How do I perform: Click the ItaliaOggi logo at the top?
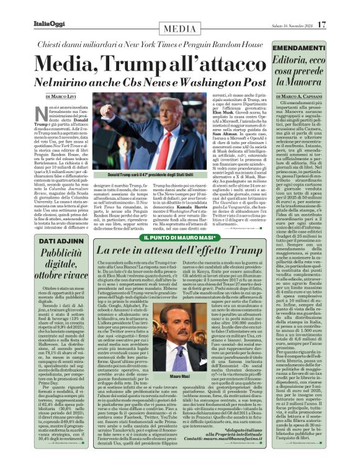coord(50,25)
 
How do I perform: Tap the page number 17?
coord(321,25)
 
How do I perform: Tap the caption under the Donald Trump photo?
coord(150,176)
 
